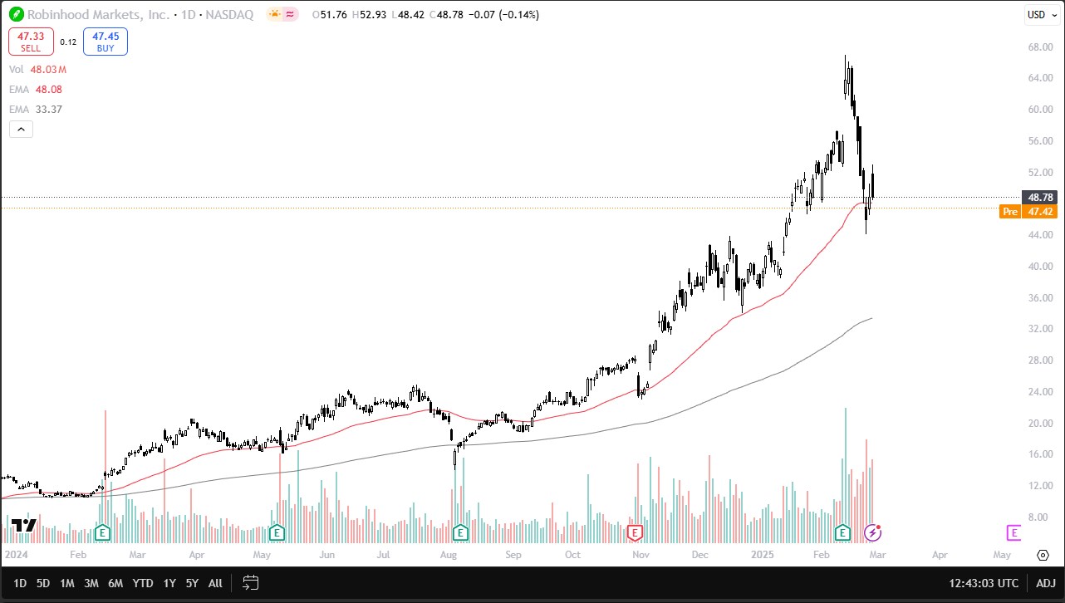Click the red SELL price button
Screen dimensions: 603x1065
[x=31, y=42]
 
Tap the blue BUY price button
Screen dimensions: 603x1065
[x=105, y=42]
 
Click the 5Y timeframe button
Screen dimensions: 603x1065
[x=192, y=583]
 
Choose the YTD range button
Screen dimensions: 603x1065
[x=143, y=583]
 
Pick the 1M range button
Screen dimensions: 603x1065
[x=67, y=583]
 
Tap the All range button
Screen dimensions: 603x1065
[x=215, y=583]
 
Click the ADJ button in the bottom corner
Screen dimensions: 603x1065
[x=1046, y=583]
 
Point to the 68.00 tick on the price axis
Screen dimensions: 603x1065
[x=1041, y=47]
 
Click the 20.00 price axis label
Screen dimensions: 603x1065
[x=1041, y=423]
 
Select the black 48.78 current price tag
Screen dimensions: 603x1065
[x=1041, y=197]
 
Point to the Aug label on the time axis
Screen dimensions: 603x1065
[x=449, y=554]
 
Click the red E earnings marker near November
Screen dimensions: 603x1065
[x=636, y=532]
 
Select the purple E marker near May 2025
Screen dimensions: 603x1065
[x=1013, y=532]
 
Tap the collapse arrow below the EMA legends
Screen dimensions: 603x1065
[x=21, y=129]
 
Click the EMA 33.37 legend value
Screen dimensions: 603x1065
[x=48, y=109]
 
